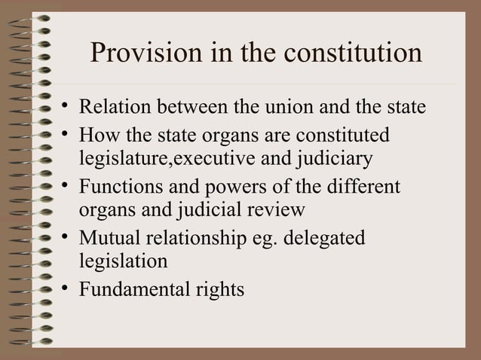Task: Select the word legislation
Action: click(x=123, y=261)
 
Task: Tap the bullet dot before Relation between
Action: click(x=68, y=104)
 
